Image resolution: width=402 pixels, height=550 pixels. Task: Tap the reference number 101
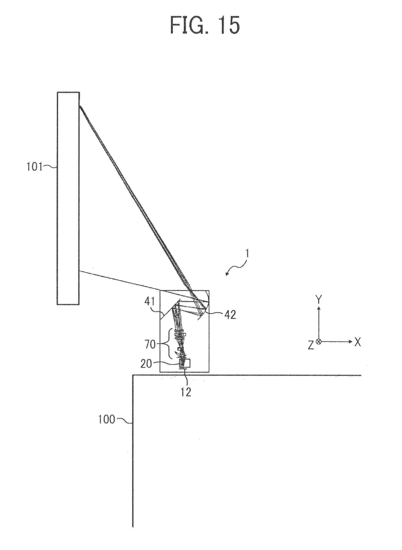coord(34,167)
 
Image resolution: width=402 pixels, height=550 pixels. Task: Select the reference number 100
coord(107,420)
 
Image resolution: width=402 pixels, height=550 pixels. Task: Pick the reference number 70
coord(150,344)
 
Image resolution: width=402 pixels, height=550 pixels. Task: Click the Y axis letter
coord(319,299)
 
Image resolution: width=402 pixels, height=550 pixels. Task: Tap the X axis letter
coord(358,342)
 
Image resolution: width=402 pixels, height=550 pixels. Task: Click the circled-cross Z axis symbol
coord(319,342)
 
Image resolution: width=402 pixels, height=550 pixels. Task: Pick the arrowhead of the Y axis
coord(319,308)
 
